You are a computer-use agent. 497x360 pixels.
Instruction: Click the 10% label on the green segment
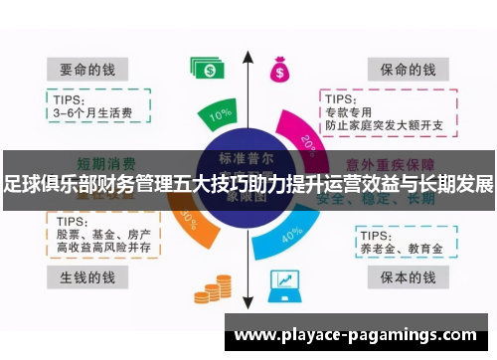tap(221, 115)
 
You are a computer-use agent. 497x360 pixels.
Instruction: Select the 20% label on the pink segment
tap(308, 142)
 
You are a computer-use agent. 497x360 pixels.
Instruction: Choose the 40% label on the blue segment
tap(293, 235)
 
